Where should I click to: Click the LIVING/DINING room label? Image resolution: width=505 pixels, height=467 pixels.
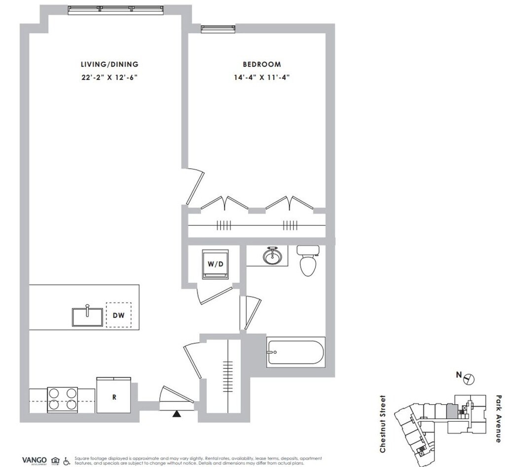(x=109, y=64)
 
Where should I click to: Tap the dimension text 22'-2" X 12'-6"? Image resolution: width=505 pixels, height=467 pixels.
(x=109, y=77)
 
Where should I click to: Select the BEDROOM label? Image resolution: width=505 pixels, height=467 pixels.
(x=261, y=64)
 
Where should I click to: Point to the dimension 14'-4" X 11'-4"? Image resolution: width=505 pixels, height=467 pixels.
(x=261, y=77)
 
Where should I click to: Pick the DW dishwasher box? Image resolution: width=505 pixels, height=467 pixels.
(x=118, y=315)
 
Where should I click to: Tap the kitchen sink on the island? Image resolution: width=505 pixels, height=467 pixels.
(x=87, y=316)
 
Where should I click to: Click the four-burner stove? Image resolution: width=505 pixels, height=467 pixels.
(x=63, y=399)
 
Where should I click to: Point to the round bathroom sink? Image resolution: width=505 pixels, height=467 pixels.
(x=270, y=256)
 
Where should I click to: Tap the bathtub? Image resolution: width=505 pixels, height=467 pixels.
(x=295, y=353)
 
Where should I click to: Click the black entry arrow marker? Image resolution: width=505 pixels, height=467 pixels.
(x=176, y=414)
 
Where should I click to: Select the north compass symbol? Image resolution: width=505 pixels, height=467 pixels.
(x=469, y=379)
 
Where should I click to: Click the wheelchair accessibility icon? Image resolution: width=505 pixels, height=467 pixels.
(x=67, y=461)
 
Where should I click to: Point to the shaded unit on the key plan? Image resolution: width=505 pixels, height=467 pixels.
(x=450, y=410)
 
